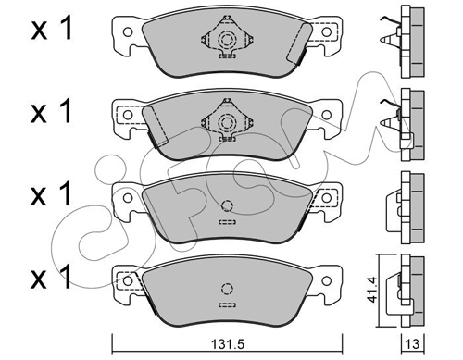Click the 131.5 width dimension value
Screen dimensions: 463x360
pyautogui.click(x=227, y=344)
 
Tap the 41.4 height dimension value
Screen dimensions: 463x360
pyautogui.click(x=371, y=290)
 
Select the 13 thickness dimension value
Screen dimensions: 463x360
pyautogui.click(x=413, y=343)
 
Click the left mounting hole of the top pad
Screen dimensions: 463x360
pyautogui.click(x=128, y=31)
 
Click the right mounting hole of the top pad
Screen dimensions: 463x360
pyautogui.click(x=327, y=31)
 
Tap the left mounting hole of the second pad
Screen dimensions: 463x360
pyautogui.click(x=128, y=115)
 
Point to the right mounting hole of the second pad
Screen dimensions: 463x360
pyautogui.click(x=327, y=115)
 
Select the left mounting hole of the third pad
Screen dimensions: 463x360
pyautogui.click(x=128, y=198)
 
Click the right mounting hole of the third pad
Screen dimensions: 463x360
pyautogui.click(x=327, y=198)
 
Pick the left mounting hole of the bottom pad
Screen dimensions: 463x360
pyautogui.click(x=128, y=280)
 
